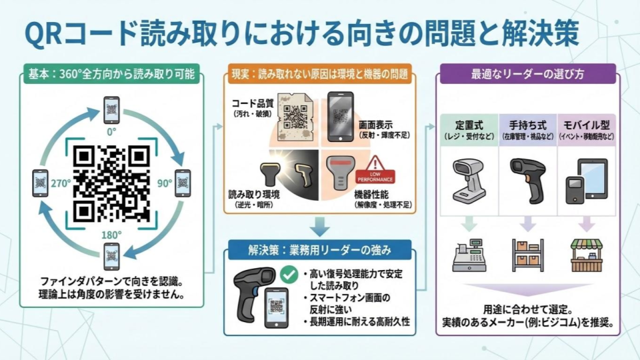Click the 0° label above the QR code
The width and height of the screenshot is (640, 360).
111,132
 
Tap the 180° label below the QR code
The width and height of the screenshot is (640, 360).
111,235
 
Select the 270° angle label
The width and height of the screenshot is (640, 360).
61,183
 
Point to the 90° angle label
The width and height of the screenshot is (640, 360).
165,183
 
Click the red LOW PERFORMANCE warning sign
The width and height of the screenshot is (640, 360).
375,170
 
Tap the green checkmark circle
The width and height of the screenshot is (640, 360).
289,274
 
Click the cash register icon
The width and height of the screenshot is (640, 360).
469,255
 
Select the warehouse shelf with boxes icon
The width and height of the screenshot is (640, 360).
528,255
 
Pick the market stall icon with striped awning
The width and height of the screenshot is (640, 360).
587,255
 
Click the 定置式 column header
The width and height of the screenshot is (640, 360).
469,125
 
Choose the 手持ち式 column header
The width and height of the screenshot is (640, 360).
528,125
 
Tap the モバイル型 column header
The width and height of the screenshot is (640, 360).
587,125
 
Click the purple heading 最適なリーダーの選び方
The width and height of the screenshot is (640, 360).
527,74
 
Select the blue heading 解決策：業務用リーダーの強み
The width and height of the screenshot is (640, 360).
319,250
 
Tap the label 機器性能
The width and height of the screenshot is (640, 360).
371,194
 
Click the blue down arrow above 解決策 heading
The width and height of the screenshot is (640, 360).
319,227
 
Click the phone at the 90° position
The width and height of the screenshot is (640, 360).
183,183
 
